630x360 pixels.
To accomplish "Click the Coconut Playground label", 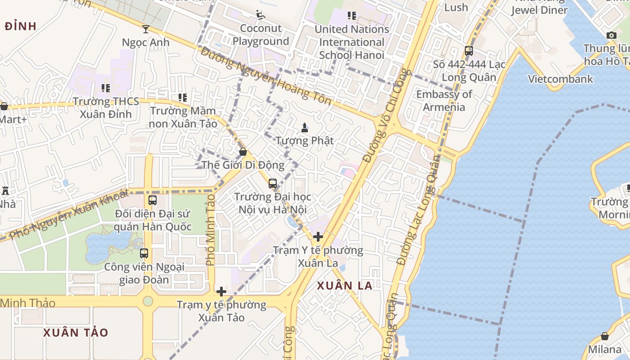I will pyautogui.click(x=261, y=35).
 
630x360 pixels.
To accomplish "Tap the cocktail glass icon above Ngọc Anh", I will pyautogui.click(x=146, y=29).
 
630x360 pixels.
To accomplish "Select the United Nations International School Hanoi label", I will pyautogui.click(x=352, y=42).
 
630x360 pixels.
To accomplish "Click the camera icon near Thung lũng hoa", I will pyautogui.click(x=611, y=35).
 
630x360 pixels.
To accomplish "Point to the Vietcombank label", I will pyautogui.click(x=560, y=79).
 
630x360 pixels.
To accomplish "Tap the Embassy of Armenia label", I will pyautogui.click(x=444, y=100).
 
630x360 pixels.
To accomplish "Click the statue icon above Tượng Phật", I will pyautogui.click(x=305, y=127).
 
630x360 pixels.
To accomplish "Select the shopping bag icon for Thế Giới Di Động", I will pyautogui.click(x=243, y=152).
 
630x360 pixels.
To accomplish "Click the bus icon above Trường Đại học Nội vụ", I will pyautogui.click(x=273, y=184).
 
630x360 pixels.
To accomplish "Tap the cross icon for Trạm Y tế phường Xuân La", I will pyautogui.click(x=318, y=236).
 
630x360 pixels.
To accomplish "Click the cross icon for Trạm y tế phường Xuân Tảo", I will pyautogui.click(x=221, y=292).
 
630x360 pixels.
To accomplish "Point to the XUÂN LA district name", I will pyautogui.click(x=345, y=286).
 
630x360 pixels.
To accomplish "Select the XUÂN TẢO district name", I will pyautogui.click(x=76, y=333).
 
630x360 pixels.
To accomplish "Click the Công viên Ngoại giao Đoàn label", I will pyautogui.click(x=144, y=273).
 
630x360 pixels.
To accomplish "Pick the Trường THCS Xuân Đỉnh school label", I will pyautogui.click(x=106, y=108).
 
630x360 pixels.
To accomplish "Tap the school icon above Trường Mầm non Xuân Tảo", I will pyautogui.click(x=182, y=97).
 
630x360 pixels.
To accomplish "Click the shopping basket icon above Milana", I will pyautogui.click(x=605, y=337).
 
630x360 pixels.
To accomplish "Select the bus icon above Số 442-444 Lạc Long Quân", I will pyautogui.click(x=469, y=51).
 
